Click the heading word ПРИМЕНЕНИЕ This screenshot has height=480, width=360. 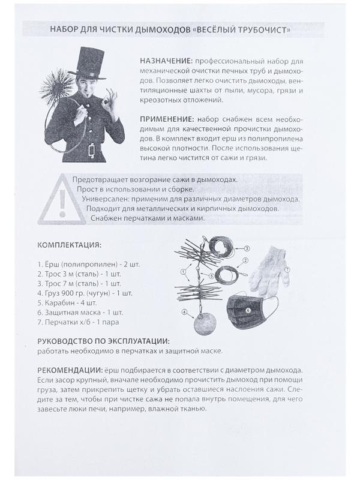pos(166,119)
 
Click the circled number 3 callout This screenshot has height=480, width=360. pos(246,248)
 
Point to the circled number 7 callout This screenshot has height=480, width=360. pos(287,269)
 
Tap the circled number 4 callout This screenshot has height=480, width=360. pos(185,312)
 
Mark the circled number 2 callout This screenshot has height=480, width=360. pos(245,261)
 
